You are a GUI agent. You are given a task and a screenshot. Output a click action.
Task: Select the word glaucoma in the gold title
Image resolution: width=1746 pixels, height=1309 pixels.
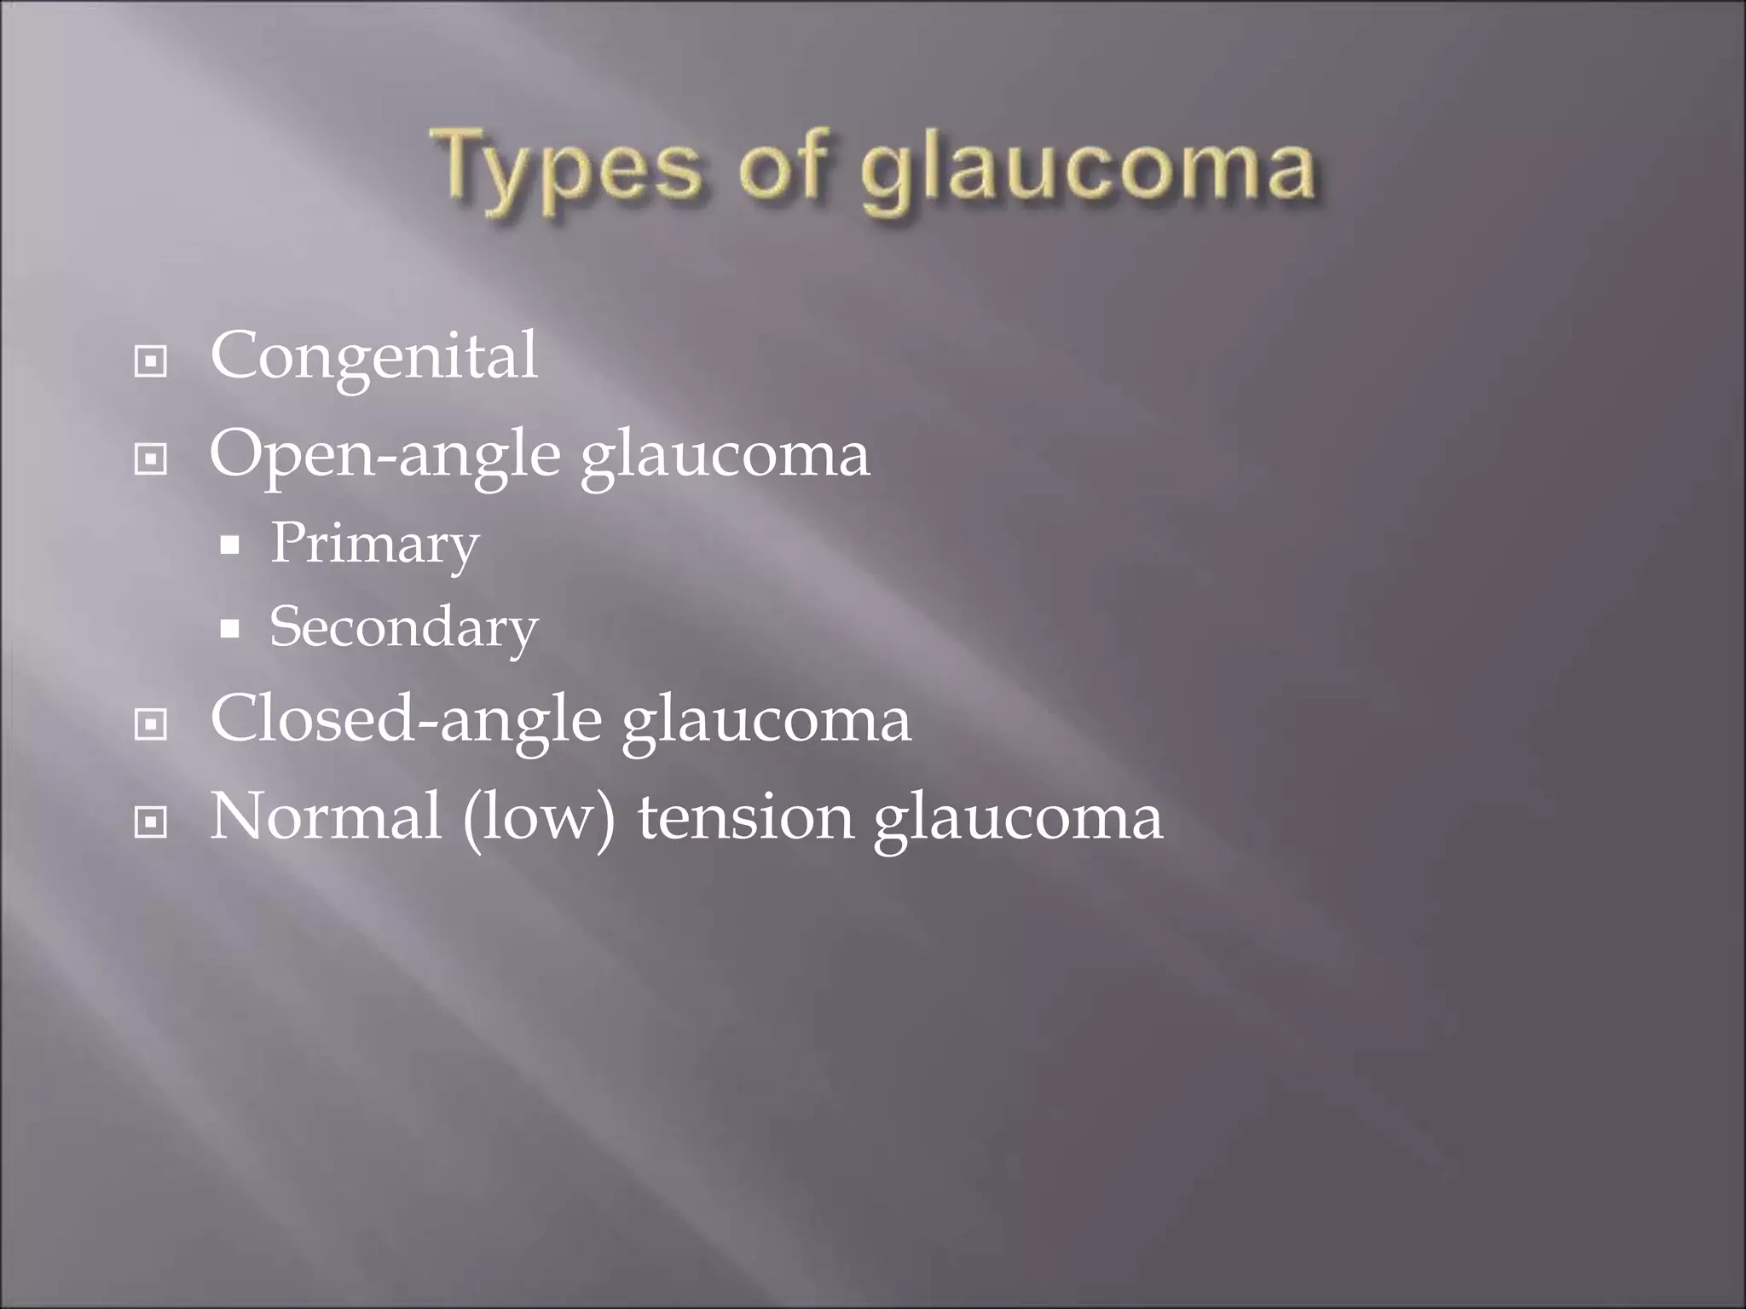(1088, 170)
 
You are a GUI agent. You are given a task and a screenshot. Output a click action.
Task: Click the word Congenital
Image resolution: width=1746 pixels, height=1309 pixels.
(373, 356)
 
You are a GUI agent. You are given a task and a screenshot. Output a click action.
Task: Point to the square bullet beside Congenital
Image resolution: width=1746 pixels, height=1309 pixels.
(151, 361)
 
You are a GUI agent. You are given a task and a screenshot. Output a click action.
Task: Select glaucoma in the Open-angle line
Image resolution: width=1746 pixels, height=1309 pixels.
(726, 455)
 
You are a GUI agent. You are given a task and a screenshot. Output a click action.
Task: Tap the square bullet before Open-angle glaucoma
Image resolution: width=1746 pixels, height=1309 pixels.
(151, 459)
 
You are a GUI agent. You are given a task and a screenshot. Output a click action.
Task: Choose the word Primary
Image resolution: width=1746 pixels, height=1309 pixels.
(374, 544)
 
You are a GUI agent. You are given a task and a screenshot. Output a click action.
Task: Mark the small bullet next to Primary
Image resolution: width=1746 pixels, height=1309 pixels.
(229, 545)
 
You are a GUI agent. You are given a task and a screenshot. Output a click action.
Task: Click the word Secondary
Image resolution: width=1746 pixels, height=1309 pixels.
(403, 628)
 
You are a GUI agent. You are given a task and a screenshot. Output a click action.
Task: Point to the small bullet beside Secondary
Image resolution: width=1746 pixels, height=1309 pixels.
(229, 629)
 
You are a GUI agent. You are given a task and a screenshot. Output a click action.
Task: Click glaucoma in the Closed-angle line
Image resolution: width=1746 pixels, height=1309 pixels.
(766, 721)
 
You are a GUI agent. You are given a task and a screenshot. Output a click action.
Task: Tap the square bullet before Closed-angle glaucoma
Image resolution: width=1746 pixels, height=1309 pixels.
(151, 724)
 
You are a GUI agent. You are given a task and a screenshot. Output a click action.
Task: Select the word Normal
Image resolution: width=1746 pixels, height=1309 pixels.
(326, 816)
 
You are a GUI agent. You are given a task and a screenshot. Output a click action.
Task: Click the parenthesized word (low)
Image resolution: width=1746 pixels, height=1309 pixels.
(539, 817)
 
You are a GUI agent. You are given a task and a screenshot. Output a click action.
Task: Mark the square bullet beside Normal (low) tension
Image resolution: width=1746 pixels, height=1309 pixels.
(151, 822)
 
